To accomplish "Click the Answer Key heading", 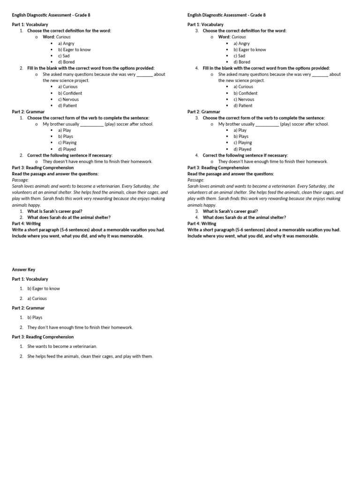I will tap(23, 270).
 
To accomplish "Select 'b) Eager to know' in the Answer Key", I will tap(44, 289).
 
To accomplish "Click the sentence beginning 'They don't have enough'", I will tap(80, 327).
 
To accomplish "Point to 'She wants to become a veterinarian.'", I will tap(62, 346).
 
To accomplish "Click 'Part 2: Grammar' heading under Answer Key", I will tap(28, 308).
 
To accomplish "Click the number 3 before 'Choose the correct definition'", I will tap(197, 31).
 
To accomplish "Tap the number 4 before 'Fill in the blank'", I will tap(197, 68).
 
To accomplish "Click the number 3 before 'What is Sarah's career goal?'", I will tap(197, 211).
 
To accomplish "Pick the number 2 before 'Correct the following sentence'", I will tap(22, 155).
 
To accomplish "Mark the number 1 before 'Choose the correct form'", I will tap(22, 118).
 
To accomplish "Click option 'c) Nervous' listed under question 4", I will tap(244, 99).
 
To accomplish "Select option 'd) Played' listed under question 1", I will tap(67, 149).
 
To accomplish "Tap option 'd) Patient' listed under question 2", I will tap(67, 105).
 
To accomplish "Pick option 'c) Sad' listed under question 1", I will tap(64, 56).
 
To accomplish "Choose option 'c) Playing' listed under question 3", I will tap(243, 142).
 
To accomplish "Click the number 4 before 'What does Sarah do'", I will tap(197, 217).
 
